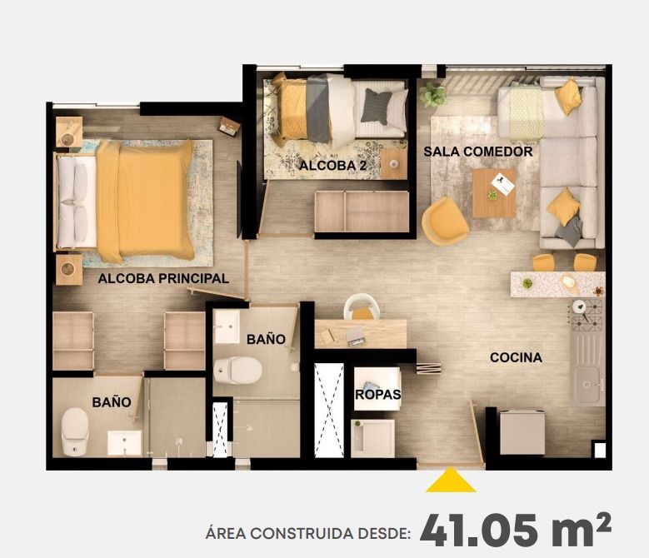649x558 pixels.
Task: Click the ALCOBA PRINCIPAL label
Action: [163, 278]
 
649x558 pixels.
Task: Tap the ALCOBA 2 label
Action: [333, 166]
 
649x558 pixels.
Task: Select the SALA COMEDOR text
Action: [477, 152]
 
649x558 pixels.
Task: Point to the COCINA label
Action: [516, 357]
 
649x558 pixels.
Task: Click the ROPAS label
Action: [378, 395]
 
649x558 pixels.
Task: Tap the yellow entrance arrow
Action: [451, 481]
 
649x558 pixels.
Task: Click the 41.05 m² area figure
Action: [515, 531]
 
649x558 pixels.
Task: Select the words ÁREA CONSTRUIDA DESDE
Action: [307, 534]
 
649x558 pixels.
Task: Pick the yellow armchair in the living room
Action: [444, 220]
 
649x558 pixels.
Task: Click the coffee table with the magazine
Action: [494, 192]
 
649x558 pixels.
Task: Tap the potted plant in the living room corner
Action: [433, 94]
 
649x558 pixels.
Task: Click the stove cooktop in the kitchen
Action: [587, 316]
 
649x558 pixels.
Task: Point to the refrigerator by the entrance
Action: [522, 432]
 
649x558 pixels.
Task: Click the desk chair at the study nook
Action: [362, 308]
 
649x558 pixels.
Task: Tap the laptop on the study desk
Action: [355, 336]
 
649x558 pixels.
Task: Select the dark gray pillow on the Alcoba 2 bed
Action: [377, 107]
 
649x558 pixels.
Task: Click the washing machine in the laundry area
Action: [372, 437]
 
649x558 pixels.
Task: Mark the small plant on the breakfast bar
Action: [527, 283]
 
